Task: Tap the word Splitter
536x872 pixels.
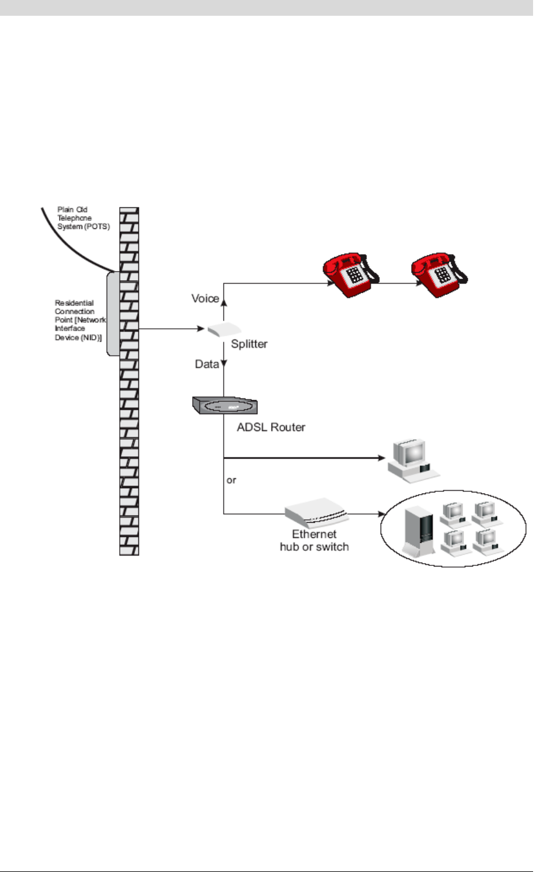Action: click(x=249, y=344)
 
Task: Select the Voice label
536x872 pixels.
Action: click(x=205, y=298)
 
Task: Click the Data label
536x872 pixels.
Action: click(x=207, y=364)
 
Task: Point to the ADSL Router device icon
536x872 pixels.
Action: click(x=225, y=405)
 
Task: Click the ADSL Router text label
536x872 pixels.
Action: click(x=271, y=428)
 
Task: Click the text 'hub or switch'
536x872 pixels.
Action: click(x=314, y=547)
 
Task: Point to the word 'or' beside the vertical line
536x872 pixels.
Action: click(x=231, y=480)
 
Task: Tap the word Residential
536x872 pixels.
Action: click(x=74, y=303)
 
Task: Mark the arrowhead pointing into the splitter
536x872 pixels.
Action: click(x=201, y=329)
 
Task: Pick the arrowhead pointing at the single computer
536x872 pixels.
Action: click(x=382, y=458)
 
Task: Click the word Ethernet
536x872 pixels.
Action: click(x=314, y=534)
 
